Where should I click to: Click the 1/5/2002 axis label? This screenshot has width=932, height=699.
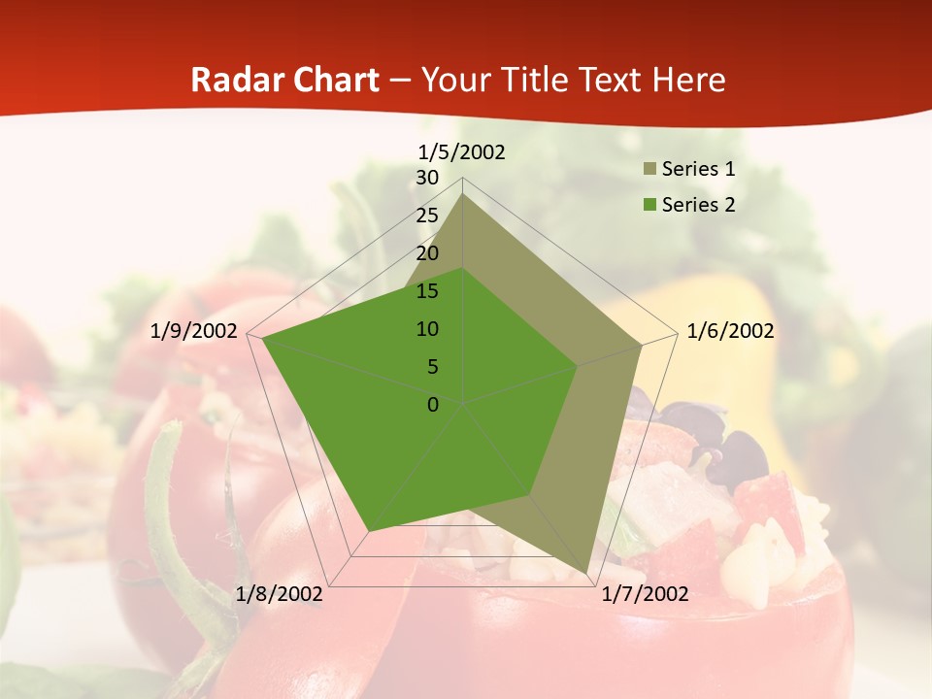click(462, 152)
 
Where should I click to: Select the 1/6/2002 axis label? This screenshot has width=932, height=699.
click(730, 331)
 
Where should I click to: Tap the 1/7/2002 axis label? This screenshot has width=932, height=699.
click(645, 593)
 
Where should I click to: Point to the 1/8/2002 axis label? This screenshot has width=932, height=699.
click(280, 593)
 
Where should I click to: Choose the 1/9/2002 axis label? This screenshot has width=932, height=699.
click(194, 331)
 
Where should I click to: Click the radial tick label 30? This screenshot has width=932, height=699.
click(427, 178)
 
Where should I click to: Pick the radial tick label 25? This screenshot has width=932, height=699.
click(427, 216)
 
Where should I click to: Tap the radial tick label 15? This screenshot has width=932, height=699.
click(427, 291)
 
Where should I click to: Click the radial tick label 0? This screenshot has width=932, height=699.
click(433, 405)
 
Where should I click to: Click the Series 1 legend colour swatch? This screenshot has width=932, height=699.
click(649, 170)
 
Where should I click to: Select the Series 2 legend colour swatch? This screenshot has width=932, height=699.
click(649, 205)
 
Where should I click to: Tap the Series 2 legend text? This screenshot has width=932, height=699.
click(698, 205)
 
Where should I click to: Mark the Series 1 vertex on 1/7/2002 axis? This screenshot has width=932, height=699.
click(586, 573)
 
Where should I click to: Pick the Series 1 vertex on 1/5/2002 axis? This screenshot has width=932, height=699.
click(463, 193)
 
